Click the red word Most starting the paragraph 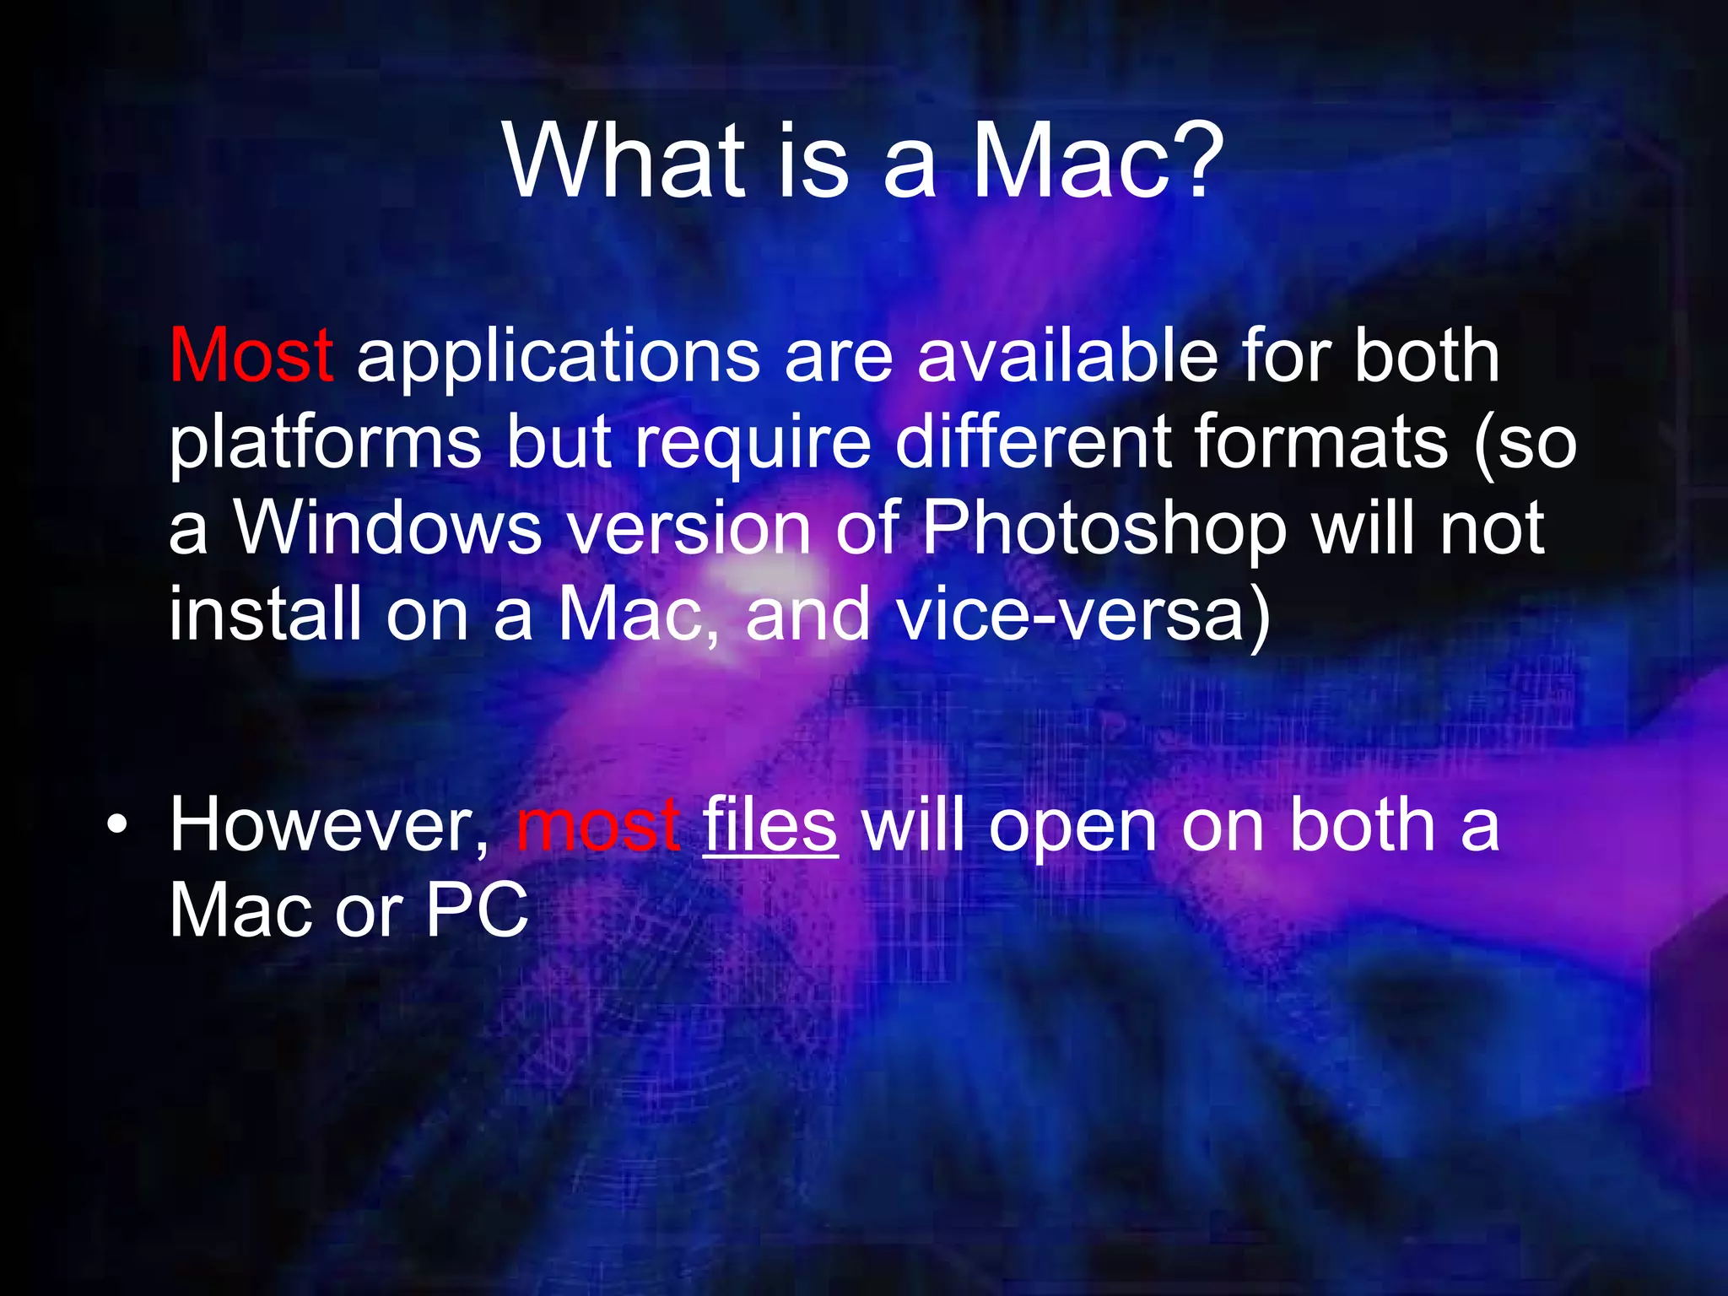tap(251, 355)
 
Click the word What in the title tap(625, 160)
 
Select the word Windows tap(388, 529)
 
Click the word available tap(1067, 355)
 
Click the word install tap(265, 614)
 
